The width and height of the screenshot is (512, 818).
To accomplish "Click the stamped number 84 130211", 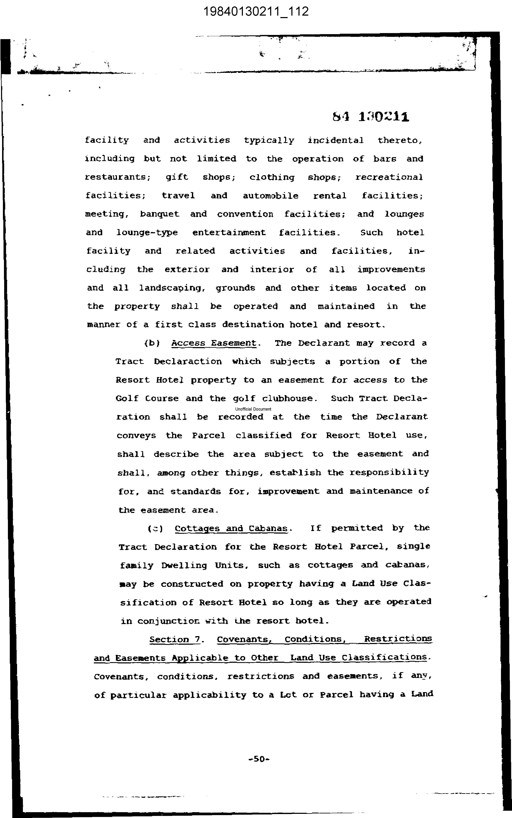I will coord(371,117).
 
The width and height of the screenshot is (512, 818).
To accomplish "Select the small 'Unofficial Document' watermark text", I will coord(253,409).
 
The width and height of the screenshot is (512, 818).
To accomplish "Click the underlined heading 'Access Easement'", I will coord(214,343).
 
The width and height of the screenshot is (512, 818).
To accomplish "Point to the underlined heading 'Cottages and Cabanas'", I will coord(231,529).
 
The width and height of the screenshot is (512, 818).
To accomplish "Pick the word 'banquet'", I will coord(159,214).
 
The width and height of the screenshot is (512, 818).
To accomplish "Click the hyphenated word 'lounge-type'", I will coord(147,233).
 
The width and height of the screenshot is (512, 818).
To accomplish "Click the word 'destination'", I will coord(253,325).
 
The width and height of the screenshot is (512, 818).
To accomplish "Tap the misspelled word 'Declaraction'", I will coord(188,362).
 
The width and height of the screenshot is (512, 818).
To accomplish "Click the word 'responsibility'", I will coord(389,472).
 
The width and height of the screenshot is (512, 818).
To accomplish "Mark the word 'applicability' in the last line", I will coord(209,695).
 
